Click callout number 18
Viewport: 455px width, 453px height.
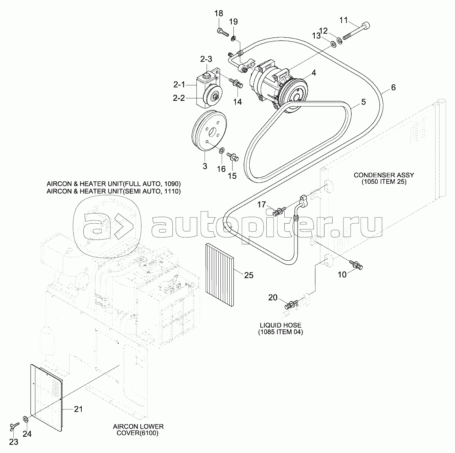coord(219,14)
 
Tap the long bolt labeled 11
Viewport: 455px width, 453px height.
coord(357,31)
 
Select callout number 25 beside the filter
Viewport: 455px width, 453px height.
coord(249,275)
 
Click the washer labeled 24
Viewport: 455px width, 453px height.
coord(25,419)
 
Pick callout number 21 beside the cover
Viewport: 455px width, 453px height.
coord(78,409)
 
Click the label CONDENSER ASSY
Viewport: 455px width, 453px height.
coord(383,175)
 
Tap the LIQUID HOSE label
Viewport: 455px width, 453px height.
coord(280,325)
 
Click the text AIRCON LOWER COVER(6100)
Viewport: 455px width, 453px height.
coord(138,430)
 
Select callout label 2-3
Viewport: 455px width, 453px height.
coord(206,59)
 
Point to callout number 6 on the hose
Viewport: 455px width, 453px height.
coord(393,87)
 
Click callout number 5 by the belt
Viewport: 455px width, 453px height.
coord(363,102)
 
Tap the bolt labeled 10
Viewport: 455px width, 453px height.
coord(356,264)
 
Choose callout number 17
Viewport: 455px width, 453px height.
coord(261,205)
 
